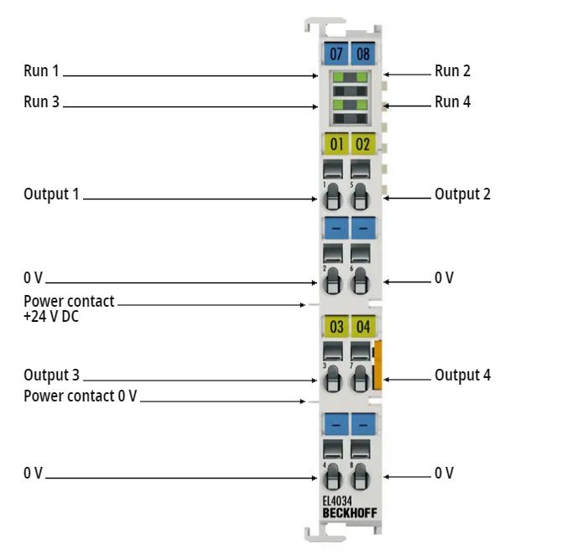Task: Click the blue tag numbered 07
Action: (x=336, y=54)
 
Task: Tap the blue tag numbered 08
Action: (x=363, y=54)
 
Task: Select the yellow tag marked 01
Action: (x=336, y=144)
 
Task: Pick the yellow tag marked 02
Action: (x=363, y=144)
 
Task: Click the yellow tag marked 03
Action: (x=336, y=326)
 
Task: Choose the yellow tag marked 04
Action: (x=363, y=326)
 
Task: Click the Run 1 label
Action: (x=41, y=70)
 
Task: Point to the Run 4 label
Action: (x=452, y=101)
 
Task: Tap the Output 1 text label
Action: (x=51, y=194)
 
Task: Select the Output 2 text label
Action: (x=462, y=194)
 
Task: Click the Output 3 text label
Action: (x=51, y=375)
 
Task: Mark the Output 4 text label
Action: (x=462, y=375)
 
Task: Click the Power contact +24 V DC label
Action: (x=69, y=308)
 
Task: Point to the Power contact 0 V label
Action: (x=81, y=396)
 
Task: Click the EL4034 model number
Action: (x=337, y=500)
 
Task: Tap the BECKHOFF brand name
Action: (x=350, y=513)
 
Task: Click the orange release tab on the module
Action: (x=378, y=365)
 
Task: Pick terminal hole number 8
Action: (x=360, y=477)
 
